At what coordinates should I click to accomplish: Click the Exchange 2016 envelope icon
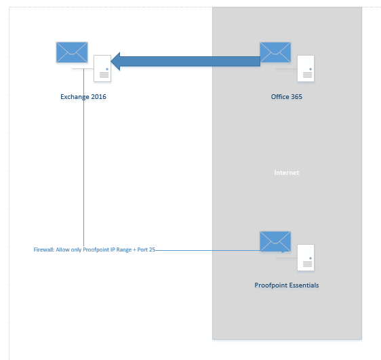click(x=72, y=52)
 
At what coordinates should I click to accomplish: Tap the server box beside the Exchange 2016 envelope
click(x=102, y=68)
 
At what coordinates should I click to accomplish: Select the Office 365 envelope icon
click(x=275, y=52)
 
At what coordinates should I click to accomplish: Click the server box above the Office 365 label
click(x=306, y=68)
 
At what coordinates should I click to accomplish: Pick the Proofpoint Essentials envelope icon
click(x=275, y=241)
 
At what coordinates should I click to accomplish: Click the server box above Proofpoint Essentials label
click(x=306, y=258)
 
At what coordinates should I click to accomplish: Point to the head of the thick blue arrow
click(x=112, y=62)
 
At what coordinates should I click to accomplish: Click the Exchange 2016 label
click(x=83, y=97)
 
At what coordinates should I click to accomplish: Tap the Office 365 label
click(x=287, y=97)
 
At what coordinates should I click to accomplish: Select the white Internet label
click(x=287, y=173)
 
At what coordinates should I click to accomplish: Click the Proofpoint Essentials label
click(x=287, y=285)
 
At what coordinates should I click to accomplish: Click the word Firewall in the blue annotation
click(x=44, y=249)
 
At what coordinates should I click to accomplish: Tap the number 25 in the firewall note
click(x=152, y=249)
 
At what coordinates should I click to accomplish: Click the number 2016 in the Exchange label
click(x=99, y=97)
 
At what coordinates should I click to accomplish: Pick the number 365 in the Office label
click(x=297, y=97)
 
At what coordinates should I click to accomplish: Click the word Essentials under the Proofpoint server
click(x=304, y=285)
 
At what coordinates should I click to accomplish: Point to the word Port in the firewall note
click(x=142, y=249)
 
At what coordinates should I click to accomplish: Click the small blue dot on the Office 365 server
click(x=310, y=69)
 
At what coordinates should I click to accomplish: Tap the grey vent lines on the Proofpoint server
click(x=307, y=264)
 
